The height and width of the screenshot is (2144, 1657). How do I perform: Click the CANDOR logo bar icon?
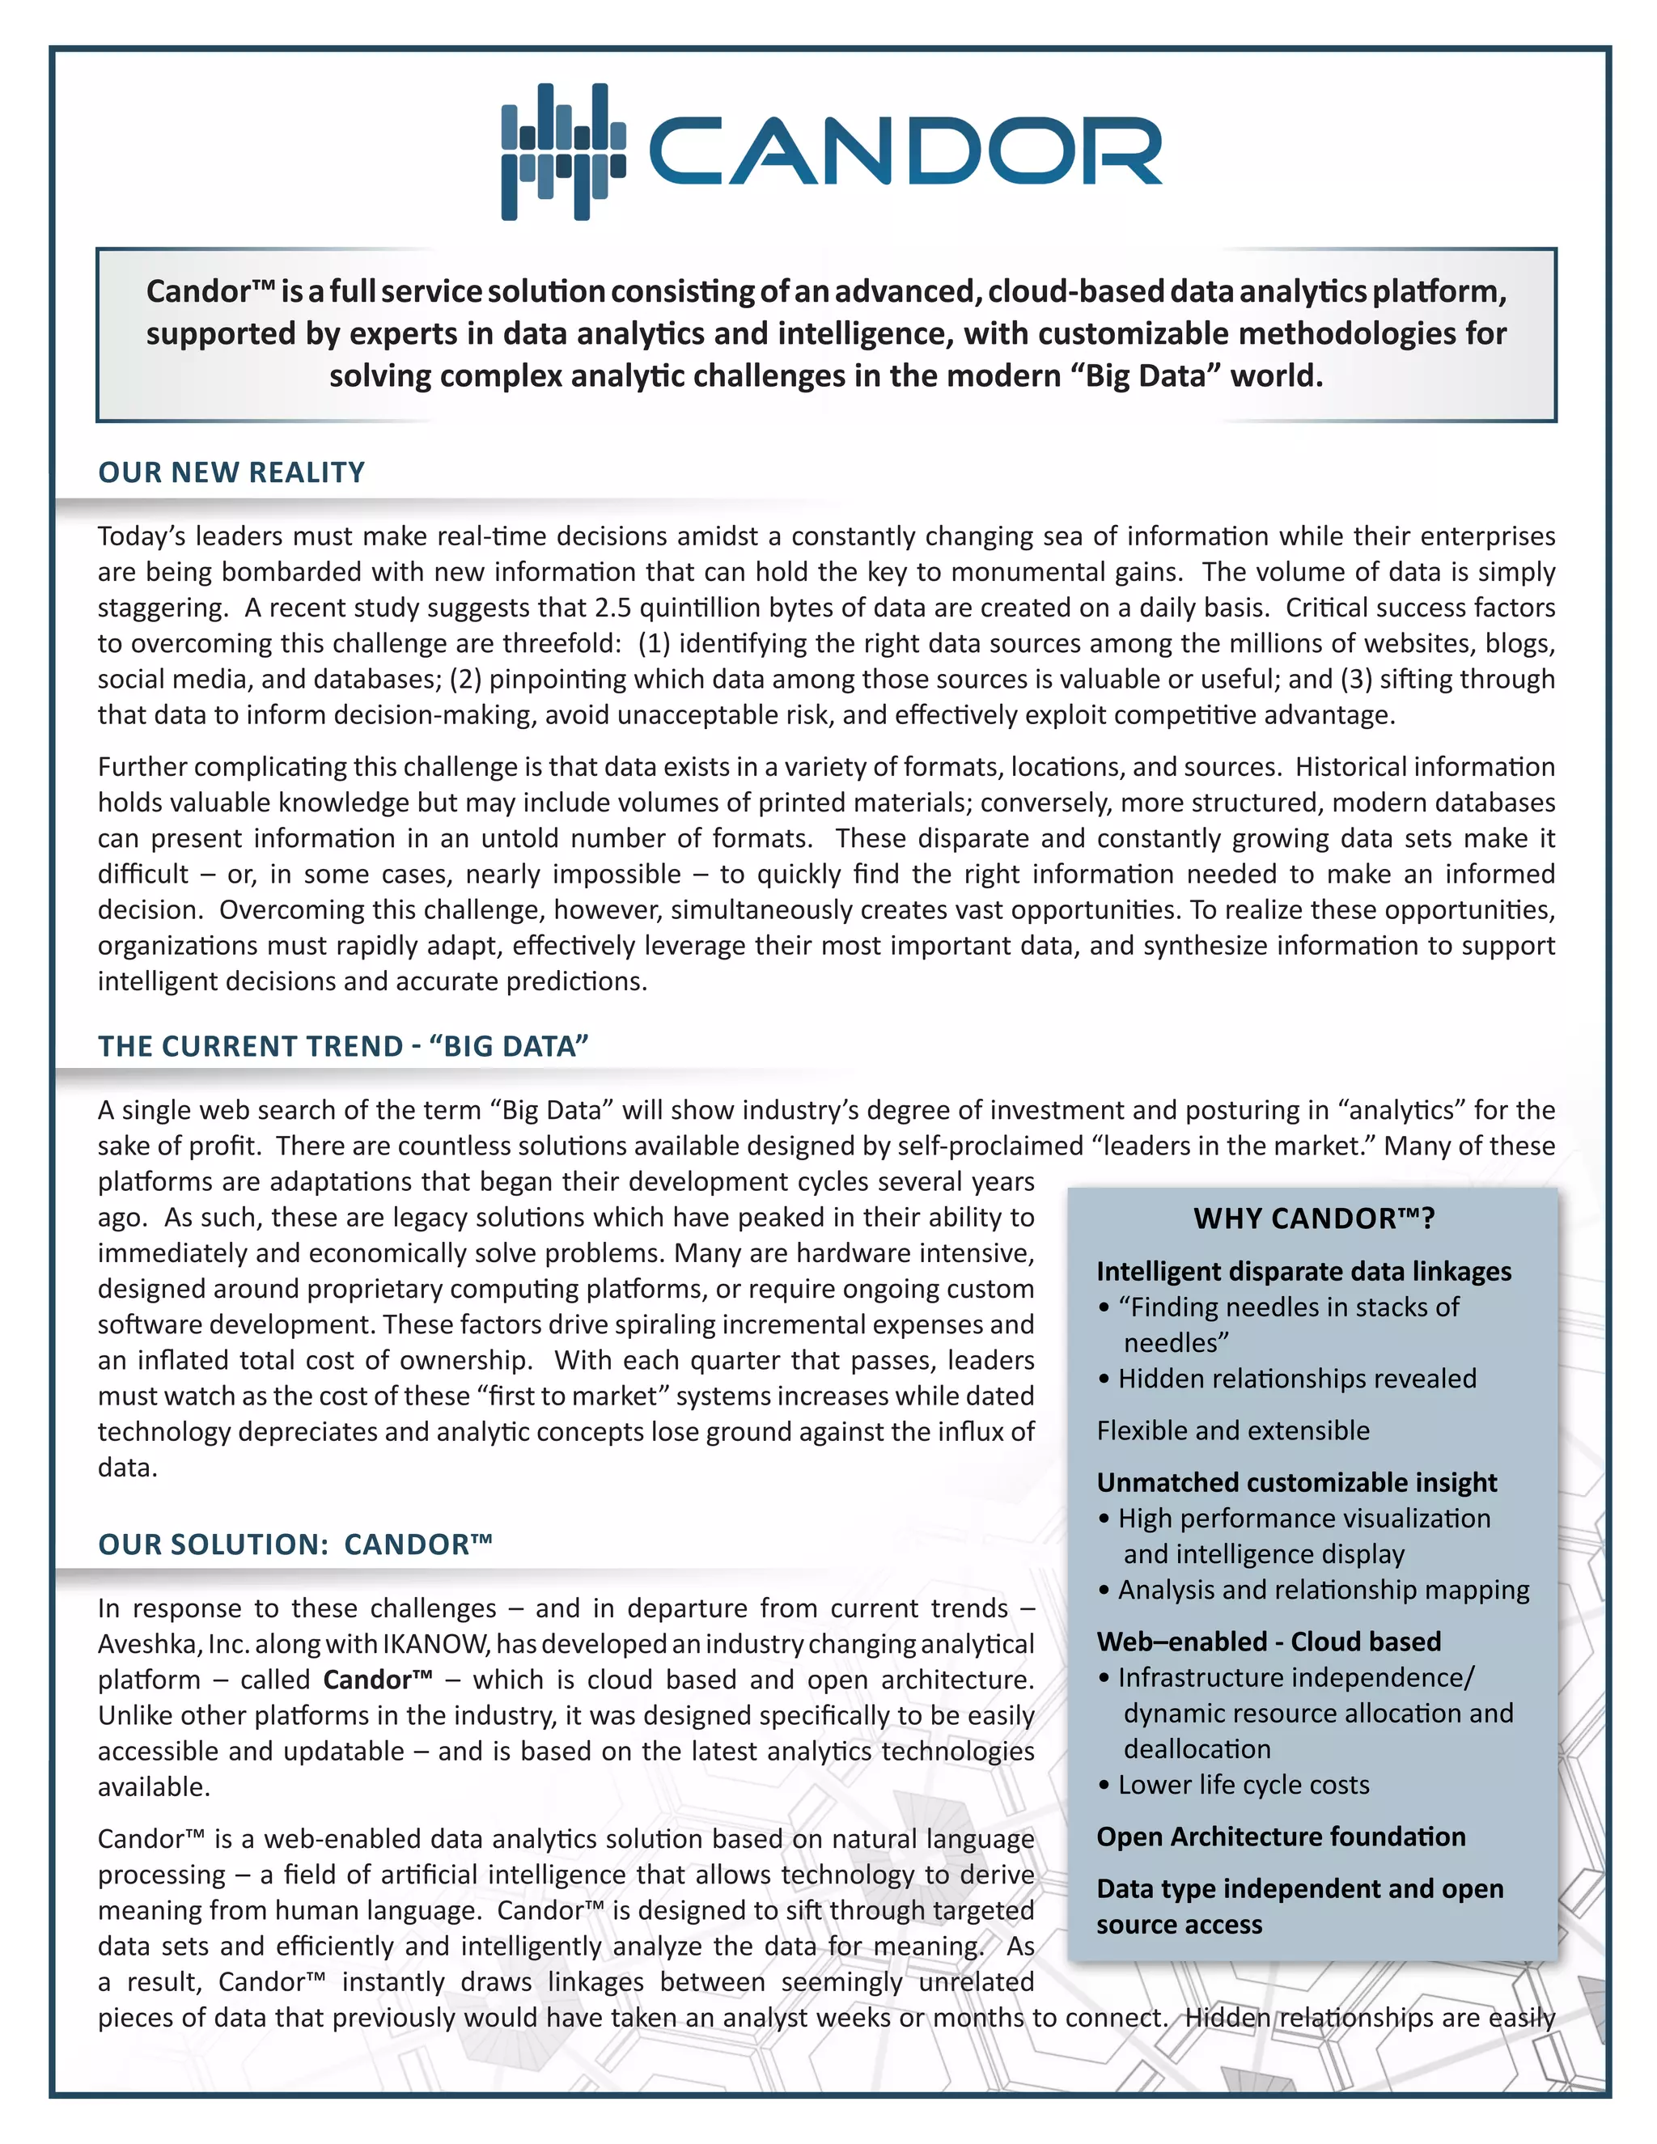[562, 152]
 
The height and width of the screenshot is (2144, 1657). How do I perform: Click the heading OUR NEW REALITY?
[231, 472]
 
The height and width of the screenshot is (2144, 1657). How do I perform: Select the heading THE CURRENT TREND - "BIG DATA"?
[342, 1046]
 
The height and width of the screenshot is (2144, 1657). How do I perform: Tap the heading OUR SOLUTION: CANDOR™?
[295, 1544]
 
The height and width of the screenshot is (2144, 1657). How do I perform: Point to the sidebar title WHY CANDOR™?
[1313, 1218]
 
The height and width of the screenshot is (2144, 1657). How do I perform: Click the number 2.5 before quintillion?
[612, 608]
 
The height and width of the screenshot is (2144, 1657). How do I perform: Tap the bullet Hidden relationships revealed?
[1296, 1379]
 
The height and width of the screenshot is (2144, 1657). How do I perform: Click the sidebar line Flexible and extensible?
[1233, 1430]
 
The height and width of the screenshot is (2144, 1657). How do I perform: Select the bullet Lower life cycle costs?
[1243, 1785]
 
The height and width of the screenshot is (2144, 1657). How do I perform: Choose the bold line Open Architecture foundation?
[1280, 1837]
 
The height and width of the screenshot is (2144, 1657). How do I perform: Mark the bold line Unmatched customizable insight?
[1296, 1482]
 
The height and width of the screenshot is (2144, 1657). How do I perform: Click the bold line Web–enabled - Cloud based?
[1269, 1642]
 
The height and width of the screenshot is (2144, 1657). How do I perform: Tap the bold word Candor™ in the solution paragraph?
[377, 1680]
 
